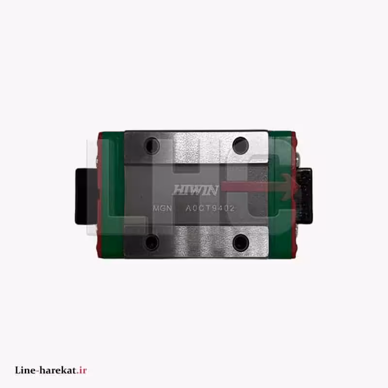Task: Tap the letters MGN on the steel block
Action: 162,209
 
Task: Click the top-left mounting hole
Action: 152,145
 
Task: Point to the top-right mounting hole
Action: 240,145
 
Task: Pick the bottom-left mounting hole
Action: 152,241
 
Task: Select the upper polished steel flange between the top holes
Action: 196,145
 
